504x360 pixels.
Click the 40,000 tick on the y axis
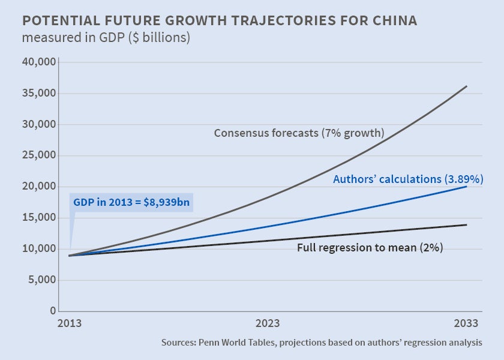coord(40,62)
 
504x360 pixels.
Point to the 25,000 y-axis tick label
coord(40,155)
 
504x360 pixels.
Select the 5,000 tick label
coord(42,280)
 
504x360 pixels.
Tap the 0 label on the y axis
coord(53,311)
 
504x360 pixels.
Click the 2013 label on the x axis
coord(70,323)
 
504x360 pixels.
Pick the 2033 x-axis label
coord(466,323)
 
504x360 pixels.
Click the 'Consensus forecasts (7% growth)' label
coord(299,133)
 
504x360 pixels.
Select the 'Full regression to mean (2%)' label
coord(370,247)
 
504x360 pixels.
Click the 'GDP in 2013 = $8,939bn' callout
coord(131,203)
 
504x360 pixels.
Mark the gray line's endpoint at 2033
coord(466,86)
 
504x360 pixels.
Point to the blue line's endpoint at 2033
coord(466,187)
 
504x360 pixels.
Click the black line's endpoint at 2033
coord(466,225)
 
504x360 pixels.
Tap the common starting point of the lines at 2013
coord(71,256)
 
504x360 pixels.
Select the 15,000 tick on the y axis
coord(40,218)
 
